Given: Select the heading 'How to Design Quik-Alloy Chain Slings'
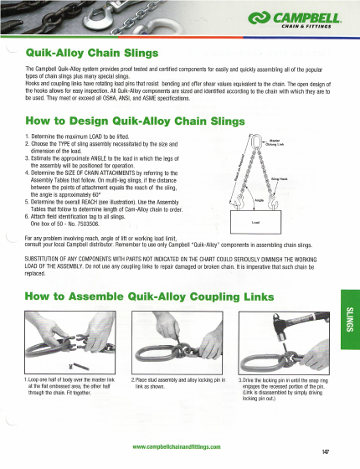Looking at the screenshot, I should pyautogui.click(x=123, y=120).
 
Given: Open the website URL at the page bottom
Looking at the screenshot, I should pyautogui.click(x=176, y=446).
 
